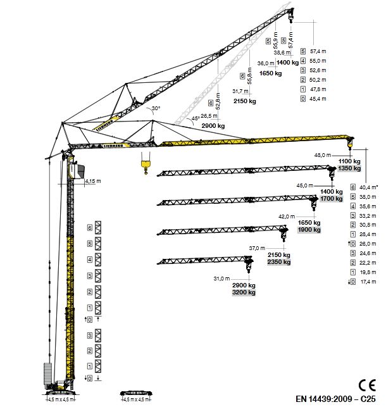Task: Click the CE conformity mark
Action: (x=365, y=384)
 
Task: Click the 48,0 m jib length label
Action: (x=323, y=154)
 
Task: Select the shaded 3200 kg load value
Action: (x=244, y=292)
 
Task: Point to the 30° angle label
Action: (x=156, y=109)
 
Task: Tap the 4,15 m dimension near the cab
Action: (x=93, y=181)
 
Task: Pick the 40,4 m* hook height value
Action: (x=369, y=187)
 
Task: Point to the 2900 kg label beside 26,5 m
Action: (x=213, y=126)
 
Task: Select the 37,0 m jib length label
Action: (x=258, y=248)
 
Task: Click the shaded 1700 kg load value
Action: (x=330, y=199)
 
